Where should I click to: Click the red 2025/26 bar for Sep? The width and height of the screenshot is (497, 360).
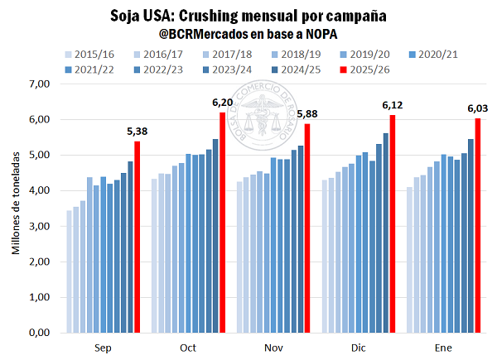coord(138,237)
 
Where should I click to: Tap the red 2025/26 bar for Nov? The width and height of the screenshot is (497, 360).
coord(308,228)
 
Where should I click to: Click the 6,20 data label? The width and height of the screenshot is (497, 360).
coord(223,103)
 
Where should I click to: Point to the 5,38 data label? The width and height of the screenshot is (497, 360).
coord(138,132)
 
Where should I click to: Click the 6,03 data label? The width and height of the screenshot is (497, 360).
coord(478,108)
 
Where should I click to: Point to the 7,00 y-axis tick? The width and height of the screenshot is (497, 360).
coord(40,84)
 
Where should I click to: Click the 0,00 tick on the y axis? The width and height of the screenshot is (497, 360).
coord(40,333)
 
